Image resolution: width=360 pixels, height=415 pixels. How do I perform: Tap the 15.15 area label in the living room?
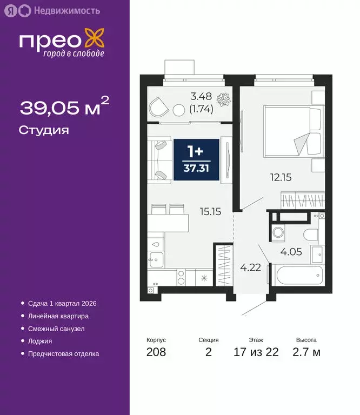tap(210, 212)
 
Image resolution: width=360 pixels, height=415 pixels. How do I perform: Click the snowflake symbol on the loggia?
tap(222, 100)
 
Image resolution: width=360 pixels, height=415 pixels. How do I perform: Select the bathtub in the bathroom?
tap(296, 276)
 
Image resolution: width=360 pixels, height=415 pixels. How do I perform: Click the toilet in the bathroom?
tap(312, 235)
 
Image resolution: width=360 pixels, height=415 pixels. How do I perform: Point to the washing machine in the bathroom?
tap(279, 234)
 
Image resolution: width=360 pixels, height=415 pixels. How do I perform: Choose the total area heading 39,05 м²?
tap(64, 107)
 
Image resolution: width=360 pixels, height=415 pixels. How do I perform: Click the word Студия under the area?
tap(44, 130)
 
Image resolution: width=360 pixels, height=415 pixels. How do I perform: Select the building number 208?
tap(156, 353)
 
